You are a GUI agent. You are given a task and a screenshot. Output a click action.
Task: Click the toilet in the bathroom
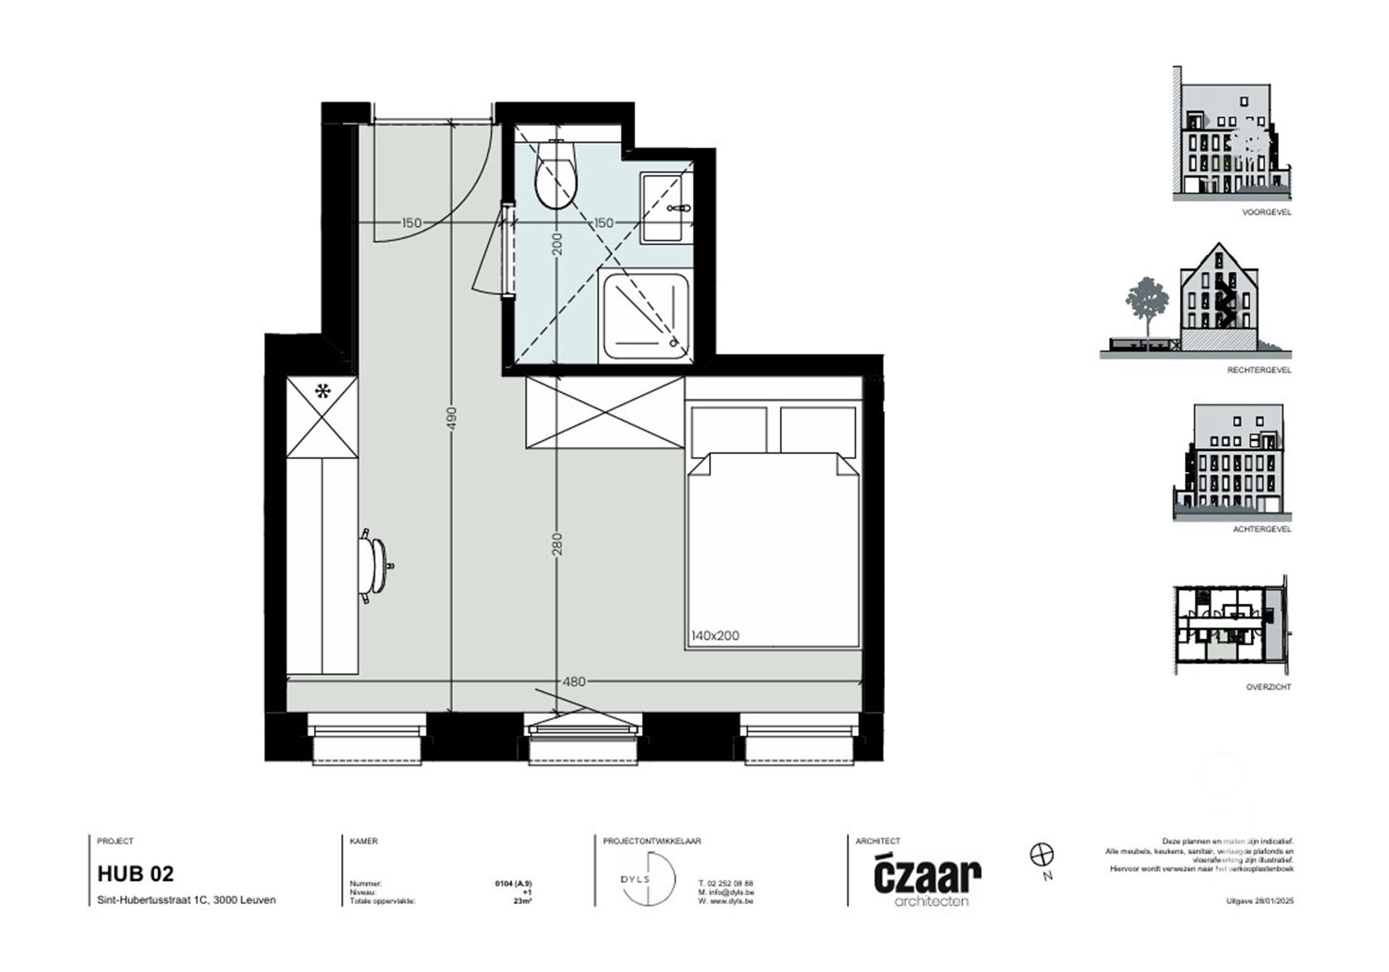click(556, 176)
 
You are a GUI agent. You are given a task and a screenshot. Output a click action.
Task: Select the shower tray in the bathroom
click(644, 315)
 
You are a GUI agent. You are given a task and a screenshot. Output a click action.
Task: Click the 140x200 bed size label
click(715, 636)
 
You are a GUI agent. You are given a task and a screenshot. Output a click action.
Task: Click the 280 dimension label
click(556, 544)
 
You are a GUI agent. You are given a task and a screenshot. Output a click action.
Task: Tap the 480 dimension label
click(574, 681)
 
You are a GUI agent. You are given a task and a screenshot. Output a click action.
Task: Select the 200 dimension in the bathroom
click(556, 243)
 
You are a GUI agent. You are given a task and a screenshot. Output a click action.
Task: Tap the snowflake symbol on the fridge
click(322, 392)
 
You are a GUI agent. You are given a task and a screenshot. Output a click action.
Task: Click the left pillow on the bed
click(729, 430)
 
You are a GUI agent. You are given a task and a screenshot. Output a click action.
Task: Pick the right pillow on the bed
click(817, 430)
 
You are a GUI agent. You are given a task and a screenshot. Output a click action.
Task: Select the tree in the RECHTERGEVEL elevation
click(1147, 304)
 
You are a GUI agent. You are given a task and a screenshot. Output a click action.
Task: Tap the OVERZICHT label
click(1267, 687)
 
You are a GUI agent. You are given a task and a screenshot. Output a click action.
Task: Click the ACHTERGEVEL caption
click(1262, 529)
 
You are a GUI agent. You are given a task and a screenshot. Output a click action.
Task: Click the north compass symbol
click(1041, 855)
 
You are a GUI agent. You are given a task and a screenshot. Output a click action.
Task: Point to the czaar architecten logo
click(927, 880)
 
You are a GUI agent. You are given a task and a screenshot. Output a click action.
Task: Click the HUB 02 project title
click(135, 874)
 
